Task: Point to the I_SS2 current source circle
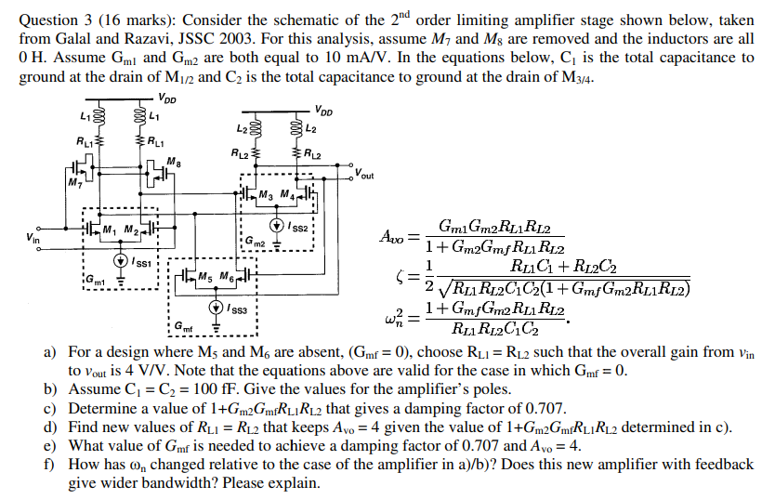277,225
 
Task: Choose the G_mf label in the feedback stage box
180,326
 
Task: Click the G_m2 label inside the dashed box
255,243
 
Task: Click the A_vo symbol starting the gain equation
389,237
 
